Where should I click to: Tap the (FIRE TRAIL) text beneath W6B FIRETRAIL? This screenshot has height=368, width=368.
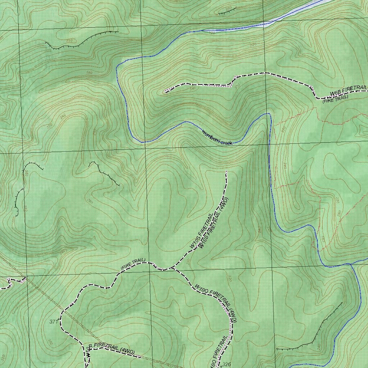click(336, 99)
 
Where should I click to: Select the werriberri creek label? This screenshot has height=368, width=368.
click(217, 138)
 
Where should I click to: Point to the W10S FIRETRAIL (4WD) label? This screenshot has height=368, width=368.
click(214, 223)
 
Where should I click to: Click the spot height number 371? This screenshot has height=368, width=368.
click(54, 322)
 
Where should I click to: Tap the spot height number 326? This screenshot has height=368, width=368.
click(226, 364)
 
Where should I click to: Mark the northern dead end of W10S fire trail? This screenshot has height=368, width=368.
click(226, 172)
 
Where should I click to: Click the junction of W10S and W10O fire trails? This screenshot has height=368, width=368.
click(173, 267)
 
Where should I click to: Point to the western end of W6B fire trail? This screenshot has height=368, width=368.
click(166, 92)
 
